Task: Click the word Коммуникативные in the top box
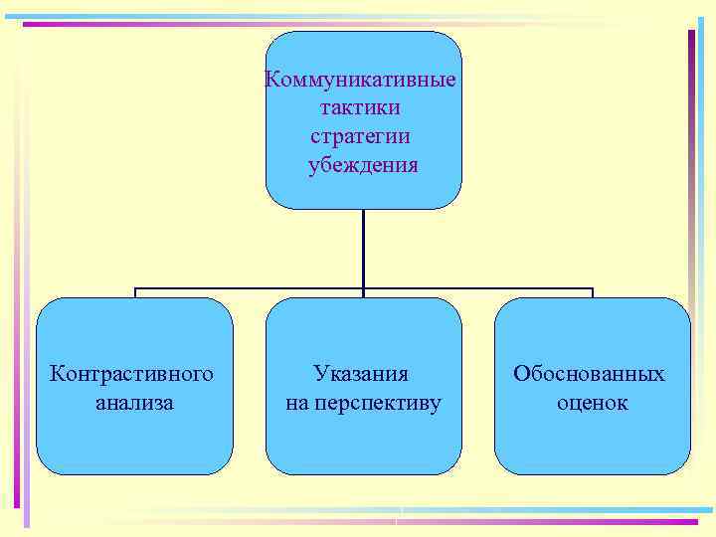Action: point(362,80)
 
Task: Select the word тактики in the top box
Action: point(362,107)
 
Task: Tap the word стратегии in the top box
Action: point(362,135)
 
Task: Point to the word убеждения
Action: point(363,163)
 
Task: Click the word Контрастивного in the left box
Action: point(132,374)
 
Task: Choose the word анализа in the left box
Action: point(134,403)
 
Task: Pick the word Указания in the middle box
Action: point(361,374)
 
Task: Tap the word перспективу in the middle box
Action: point(377,403)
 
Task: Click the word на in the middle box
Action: point(296,403)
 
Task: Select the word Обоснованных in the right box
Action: point(590,374)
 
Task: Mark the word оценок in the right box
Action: point(593,403)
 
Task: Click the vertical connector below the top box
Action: point(363,249)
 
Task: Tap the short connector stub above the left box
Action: point(135,293)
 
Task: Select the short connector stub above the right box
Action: point(592,293)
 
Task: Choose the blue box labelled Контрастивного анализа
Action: point(134,438)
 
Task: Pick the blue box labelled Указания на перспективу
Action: point(363,438)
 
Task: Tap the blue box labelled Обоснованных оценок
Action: point(592,438)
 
